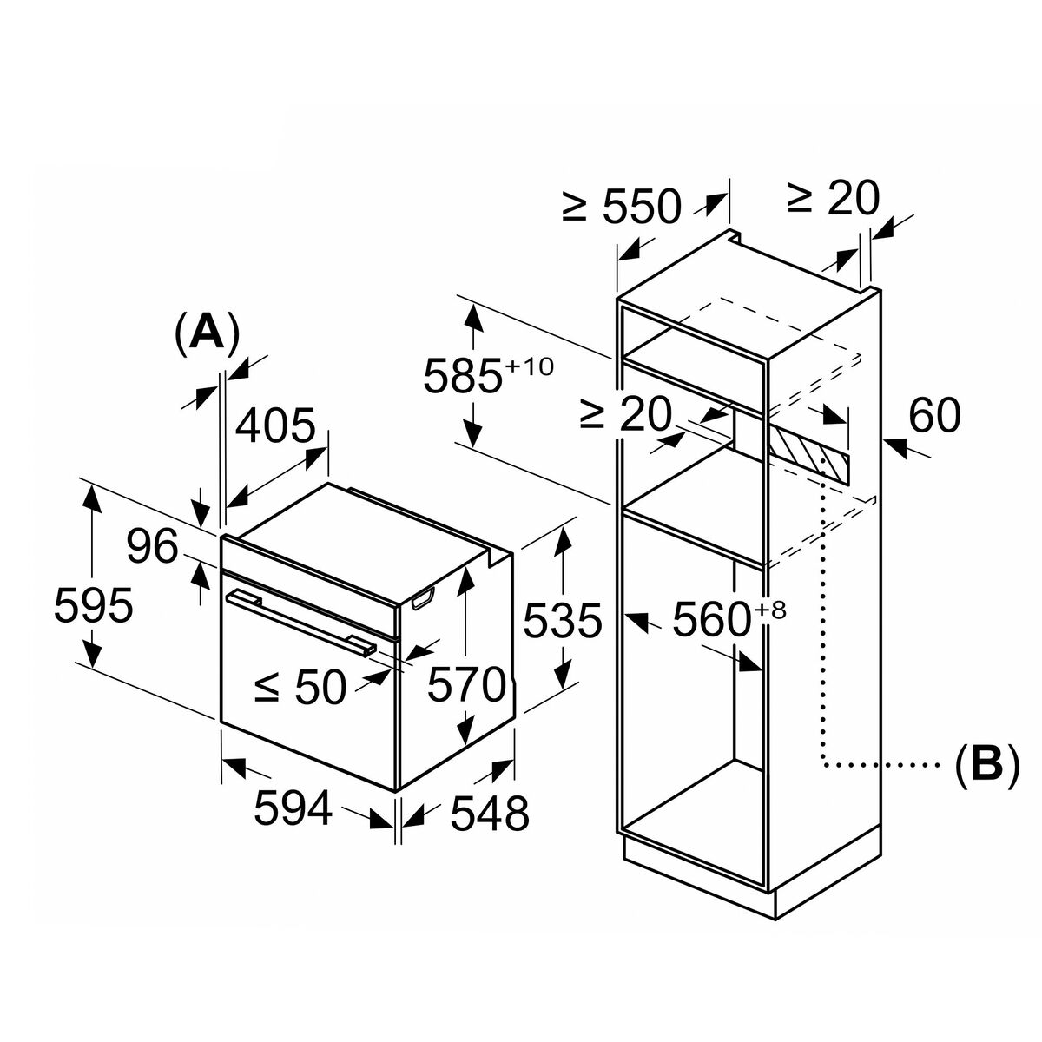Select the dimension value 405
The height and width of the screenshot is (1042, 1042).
coord(275,425)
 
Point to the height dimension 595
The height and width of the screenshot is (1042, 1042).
coord(94,605)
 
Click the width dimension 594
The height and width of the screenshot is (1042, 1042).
coord(293,808)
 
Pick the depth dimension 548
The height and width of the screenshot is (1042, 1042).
coord(490,814)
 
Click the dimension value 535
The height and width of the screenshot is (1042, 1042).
coord(563,621)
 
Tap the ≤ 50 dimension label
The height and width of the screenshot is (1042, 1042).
coord(300,687)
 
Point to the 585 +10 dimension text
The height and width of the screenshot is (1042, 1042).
coord(488,373)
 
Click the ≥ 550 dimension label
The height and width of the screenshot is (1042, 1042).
coord(622,207)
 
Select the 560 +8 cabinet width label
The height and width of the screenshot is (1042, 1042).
coord(729,619)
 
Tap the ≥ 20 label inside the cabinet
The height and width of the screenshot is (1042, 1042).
coord(625,413)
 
